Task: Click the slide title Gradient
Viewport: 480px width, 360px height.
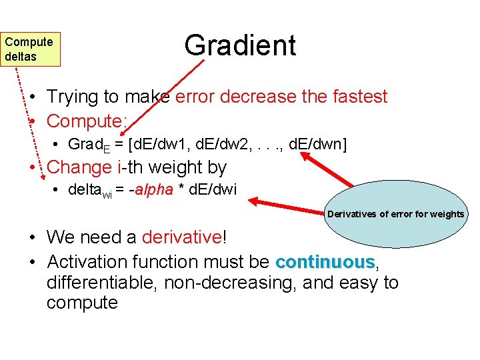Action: (x=240, y=45)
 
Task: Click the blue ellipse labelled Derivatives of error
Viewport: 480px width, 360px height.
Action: (x=395, y=215)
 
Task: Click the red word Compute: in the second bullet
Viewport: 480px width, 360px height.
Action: (x=87, y=121)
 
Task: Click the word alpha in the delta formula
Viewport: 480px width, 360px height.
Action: (x=153, y=189)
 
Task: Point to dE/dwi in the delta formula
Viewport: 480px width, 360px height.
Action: (x=213, y=189)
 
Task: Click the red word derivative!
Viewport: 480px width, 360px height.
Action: (x=184, y=237)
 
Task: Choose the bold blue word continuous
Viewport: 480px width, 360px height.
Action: (x=325, y=261)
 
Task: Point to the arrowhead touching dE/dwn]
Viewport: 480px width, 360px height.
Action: (x=305, y=156)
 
